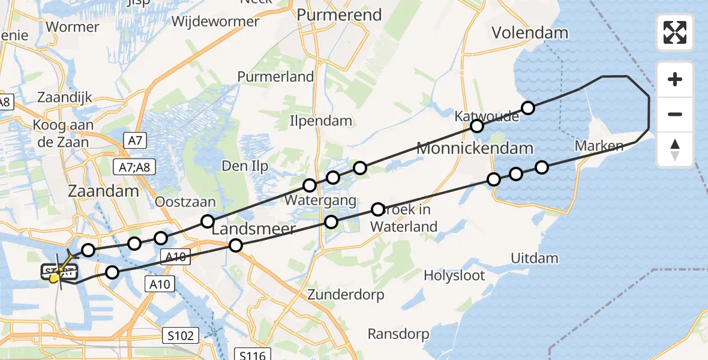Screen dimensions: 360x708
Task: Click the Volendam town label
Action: pyautogui.click(x=530, y=32)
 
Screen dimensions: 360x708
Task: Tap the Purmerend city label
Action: pyautogui.click(x=340, y=14)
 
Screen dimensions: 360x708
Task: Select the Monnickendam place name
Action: pyautogui.click(x=475, y=148)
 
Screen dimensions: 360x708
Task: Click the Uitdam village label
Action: pyautogui.click(x=535, y=259)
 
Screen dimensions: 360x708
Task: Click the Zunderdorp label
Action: pyautogui.click(x=345, y=295)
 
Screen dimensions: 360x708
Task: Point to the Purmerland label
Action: pyautogui.click(x=275, y=77)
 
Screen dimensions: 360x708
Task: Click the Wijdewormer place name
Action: pyautogui.click(x=215, y=22)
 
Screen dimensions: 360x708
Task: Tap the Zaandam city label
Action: pyautogui.click(x=104, y=191)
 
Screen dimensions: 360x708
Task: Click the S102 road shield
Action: pyautogui.click(x=181, y=335)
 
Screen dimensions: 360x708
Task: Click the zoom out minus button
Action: pyautogui.click(x=675, y=114)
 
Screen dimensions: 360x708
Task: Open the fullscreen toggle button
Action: pyautogui.click(x=675, y=32)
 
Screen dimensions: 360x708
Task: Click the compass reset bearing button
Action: pyautogui.click(x=675, y=149)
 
